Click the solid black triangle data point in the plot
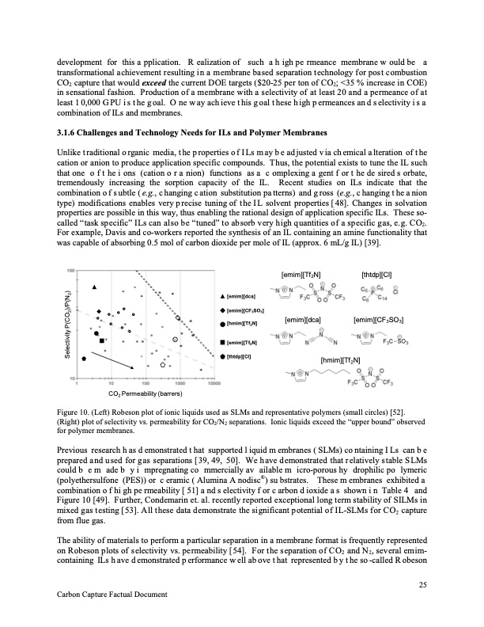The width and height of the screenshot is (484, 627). pyautogui.click(x=94, y=287)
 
